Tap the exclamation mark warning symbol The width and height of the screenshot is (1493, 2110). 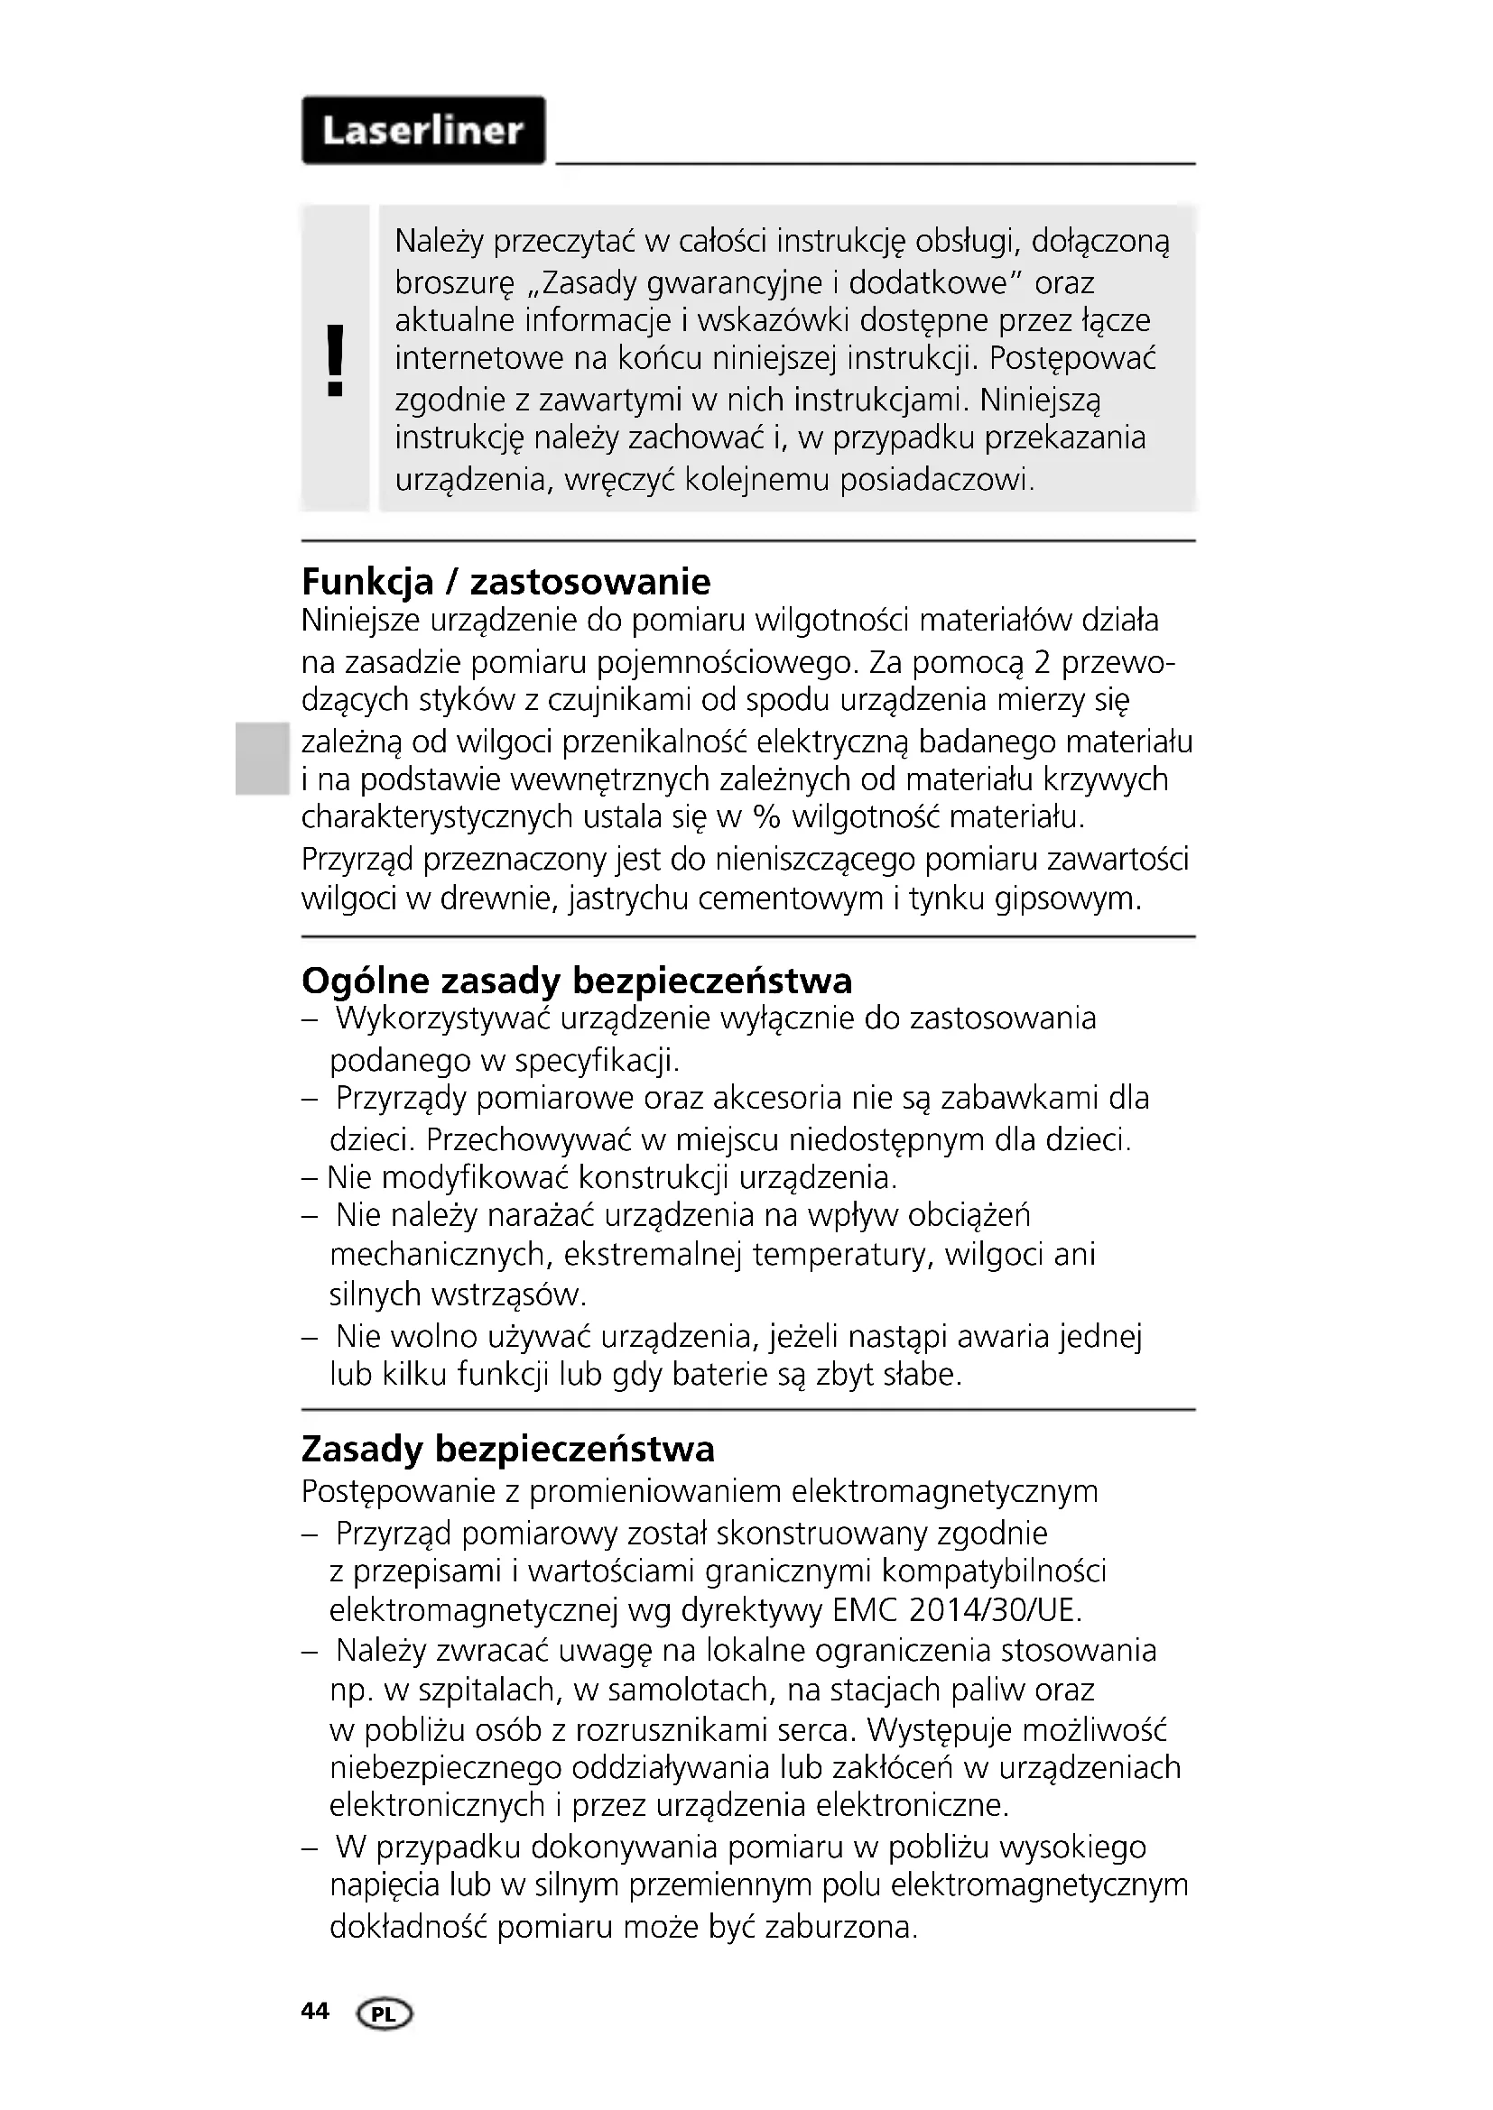336,359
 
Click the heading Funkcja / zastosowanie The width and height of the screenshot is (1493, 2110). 505,582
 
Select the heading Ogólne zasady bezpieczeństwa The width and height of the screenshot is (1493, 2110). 577,981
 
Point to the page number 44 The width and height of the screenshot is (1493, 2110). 314,2012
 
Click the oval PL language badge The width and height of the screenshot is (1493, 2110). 385,2014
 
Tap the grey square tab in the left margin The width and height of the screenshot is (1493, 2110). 259,758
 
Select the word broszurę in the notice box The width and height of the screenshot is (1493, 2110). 454,283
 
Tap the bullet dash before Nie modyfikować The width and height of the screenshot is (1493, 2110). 310,1178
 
